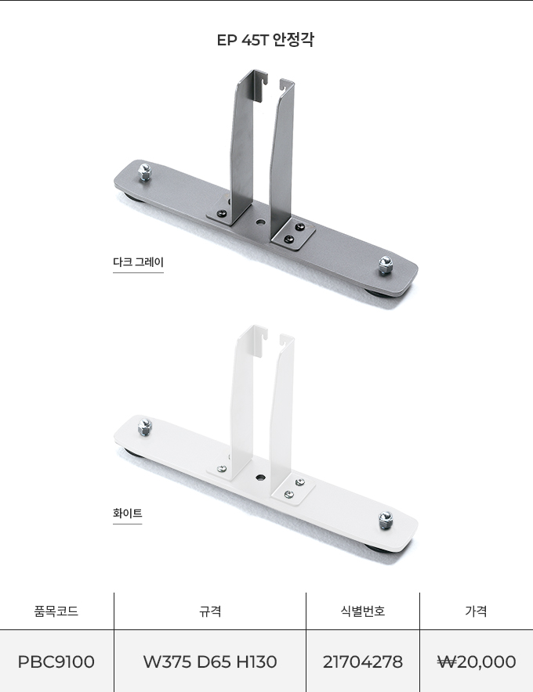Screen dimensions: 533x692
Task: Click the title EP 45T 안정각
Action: [x=266, y=40]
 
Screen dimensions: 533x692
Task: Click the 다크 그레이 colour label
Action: [x=138, y=262]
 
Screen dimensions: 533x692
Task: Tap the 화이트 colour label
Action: [x=127, y=514]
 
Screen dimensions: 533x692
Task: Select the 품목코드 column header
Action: [x=56, y=611]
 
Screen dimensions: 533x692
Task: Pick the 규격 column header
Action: [x=210, y=611]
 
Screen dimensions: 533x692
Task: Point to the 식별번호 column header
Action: [x=363, y=611]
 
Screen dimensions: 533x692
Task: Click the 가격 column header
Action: [x=476, y=611]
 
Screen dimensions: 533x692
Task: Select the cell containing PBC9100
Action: [x=56, y=661]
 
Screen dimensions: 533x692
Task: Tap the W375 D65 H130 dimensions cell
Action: [x=210, y=661]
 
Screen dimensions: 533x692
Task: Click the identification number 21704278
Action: [x=363, y=661]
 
